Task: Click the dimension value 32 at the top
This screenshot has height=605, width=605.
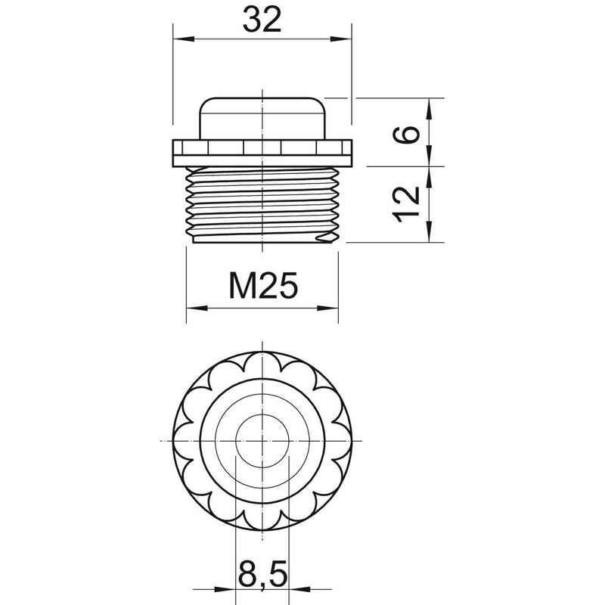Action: (x=262, y=20)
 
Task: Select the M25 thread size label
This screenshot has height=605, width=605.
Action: (x=263, y=286)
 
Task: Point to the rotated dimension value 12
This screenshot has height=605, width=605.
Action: (x=406, y=204)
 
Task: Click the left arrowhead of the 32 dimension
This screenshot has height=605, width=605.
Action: (x=183, y=39)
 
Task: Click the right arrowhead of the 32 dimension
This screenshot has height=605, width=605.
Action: (x=342, y=39)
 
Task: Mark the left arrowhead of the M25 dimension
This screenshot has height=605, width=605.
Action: (x=197, y=308)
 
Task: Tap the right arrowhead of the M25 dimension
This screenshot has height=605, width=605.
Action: (x=328, y=308)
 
